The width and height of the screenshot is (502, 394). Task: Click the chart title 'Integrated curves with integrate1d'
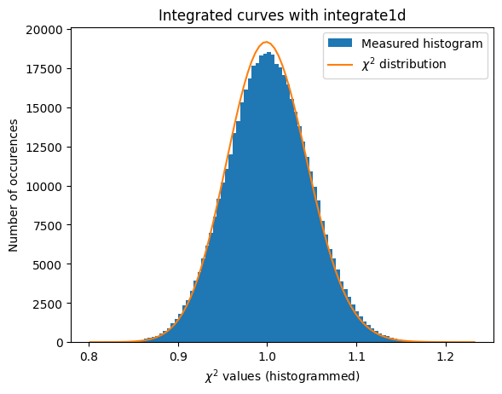pos(281,15)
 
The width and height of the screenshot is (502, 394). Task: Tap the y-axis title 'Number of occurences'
pos(14,186)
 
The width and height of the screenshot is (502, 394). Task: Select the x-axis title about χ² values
pos(281,376)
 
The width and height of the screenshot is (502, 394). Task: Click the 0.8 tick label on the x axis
pos(89,355)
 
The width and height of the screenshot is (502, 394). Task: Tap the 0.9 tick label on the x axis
pos(178,355)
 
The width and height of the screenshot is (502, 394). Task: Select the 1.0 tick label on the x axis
pos(268,355)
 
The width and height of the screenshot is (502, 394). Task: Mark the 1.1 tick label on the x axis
pos(356,355)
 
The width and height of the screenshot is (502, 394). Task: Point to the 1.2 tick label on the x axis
pos(445,355)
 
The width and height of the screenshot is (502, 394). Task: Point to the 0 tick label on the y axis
pos(60,343)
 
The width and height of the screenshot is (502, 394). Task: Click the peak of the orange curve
pos(267,43)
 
